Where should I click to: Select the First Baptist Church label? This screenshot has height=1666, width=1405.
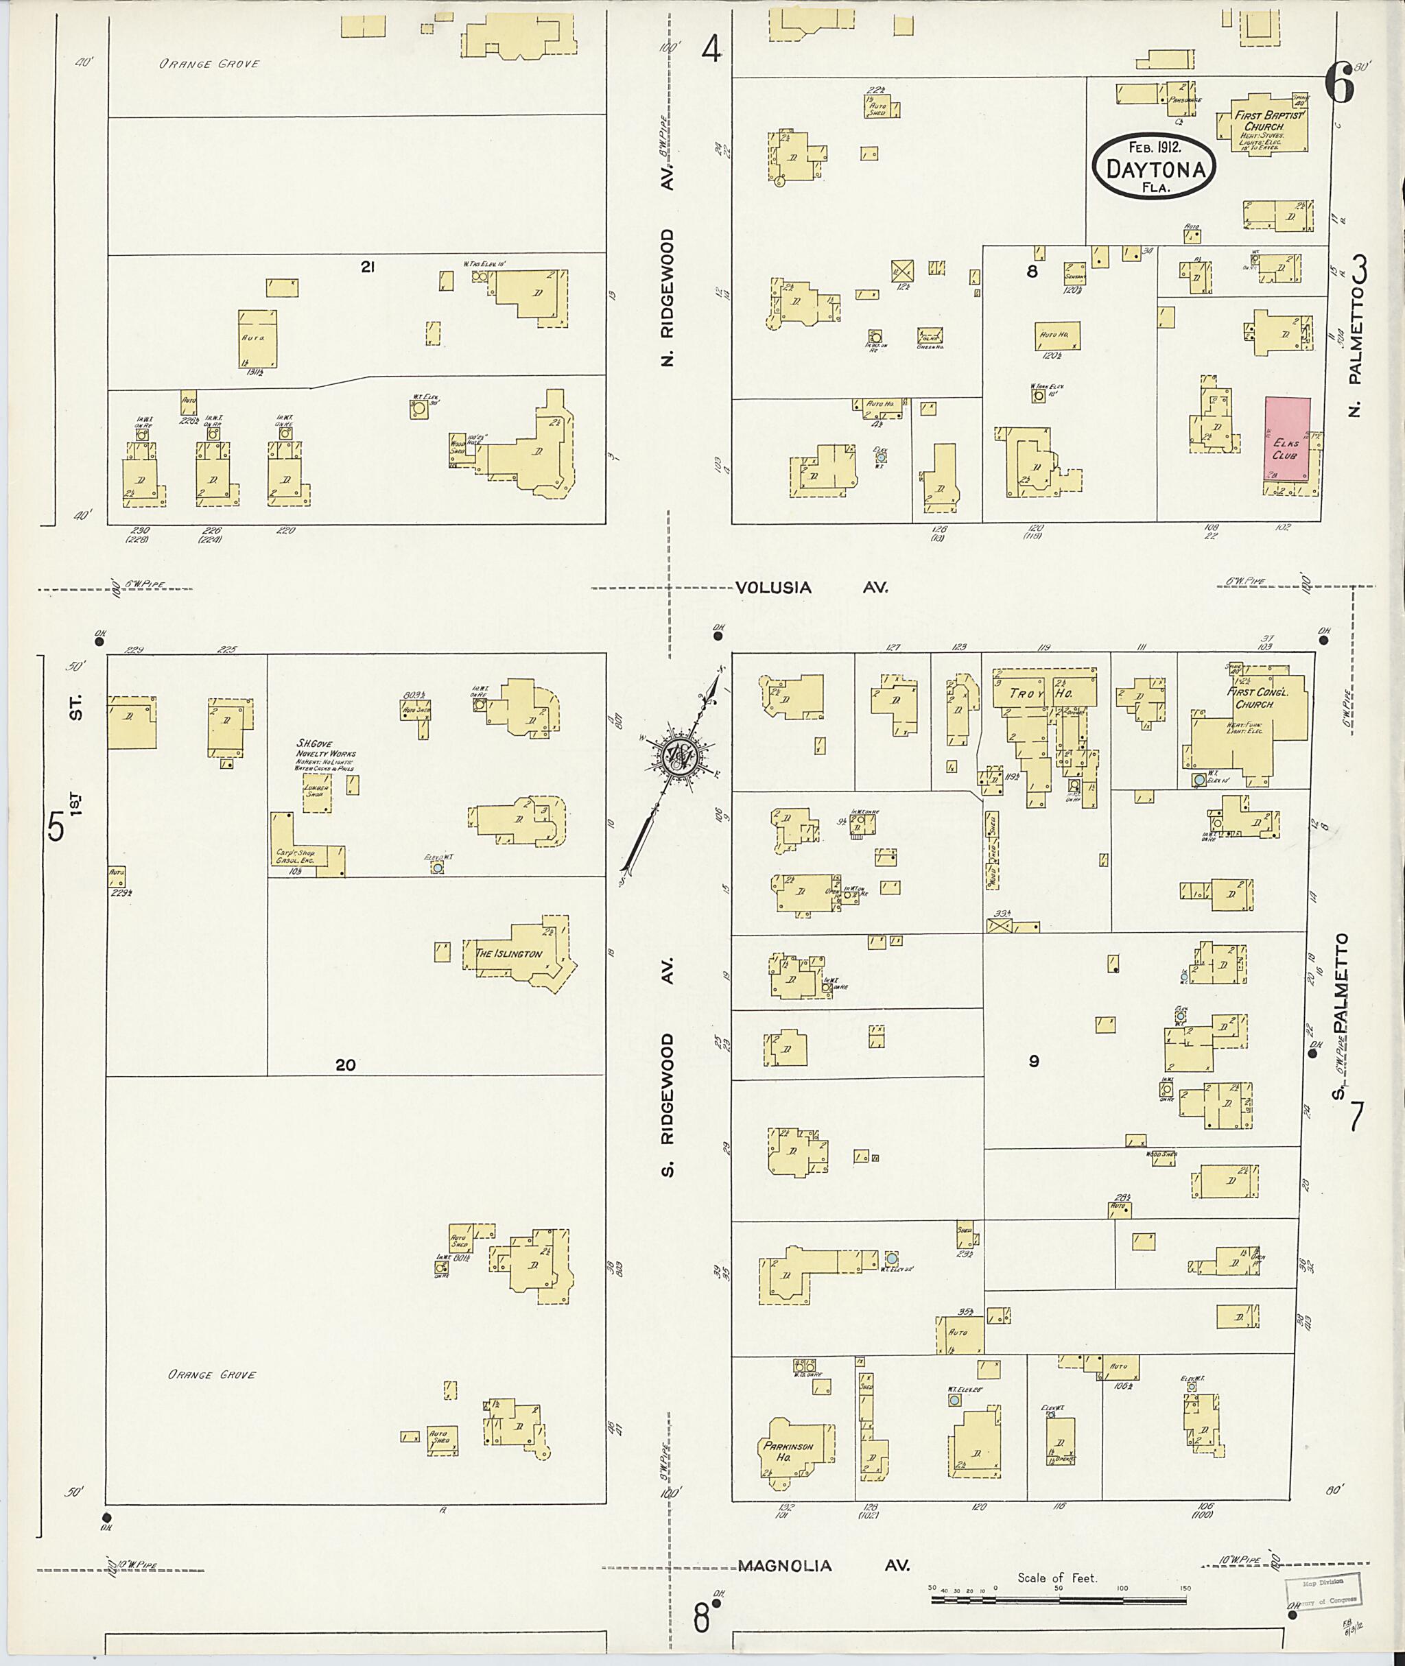(1270, 121)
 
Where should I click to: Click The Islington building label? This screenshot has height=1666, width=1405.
(508, 953)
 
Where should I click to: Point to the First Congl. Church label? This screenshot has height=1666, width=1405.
(1253, 698)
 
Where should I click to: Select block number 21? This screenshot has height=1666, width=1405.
(367, 267)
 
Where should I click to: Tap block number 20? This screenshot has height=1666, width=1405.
(345, 1064)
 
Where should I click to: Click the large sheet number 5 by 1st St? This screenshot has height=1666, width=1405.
(56, 826)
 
